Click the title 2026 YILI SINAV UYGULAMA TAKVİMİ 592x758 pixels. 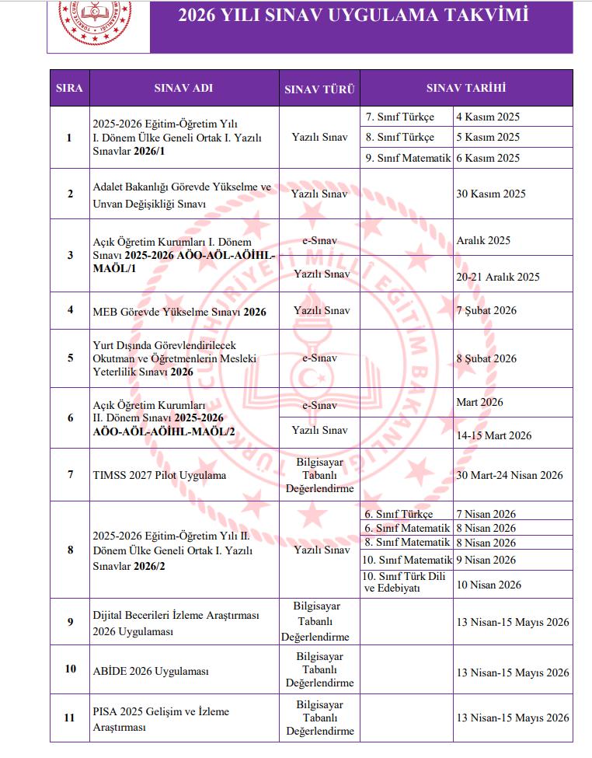pyautogui.click(x=353, y=16)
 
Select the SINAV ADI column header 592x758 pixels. pyautogui.click(x=183, y=89)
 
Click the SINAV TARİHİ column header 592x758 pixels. pyautogui.click(x=466, y=88)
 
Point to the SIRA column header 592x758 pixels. pyautogui.click(x=69, y=89)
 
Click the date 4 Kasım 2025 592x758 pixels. pyautogui.click(x=488, y=117)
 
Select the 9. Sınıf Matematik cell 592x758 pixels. pyautogui.click(x=408, y=158)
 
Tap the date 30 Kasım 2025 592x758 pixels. pyautogui.click(x=491, y=194)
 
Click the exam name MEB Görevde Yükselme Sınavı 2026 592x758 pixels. pyautogui.click(x=179, y=311)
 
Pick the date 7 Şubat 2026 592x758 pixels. pyautogui.click(x=486, y=310)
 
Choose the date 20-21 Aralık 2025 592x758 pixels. pyautogui.click(x=498, y=277)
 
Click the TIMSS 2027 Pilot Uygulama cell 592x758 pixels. pyautogui.click(x=148, y=475)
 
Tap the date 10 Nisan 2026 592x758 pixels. pyautogui.click(x=487, y=584)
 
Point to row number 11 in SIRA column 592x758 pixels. pyautogui.click(x=69, y=717)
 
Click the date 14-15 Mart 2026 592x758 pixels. pyautogui.click(x=494, y=435)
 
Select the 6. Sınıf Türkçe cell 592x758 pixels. pyautogui.click(x=399, y=514)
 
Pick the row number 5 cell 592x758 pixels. pyautogui.click(x=69, y=358)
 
